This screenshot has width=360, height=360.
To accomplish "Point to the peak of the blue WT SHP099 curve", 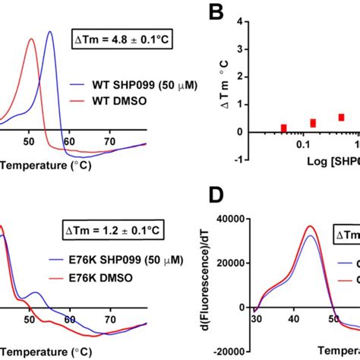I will pyautogui.click(x=49, y=32).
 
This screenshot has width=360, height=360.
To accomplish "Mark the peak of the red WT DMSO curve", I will pyautogui.click(x=31, y=39).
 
